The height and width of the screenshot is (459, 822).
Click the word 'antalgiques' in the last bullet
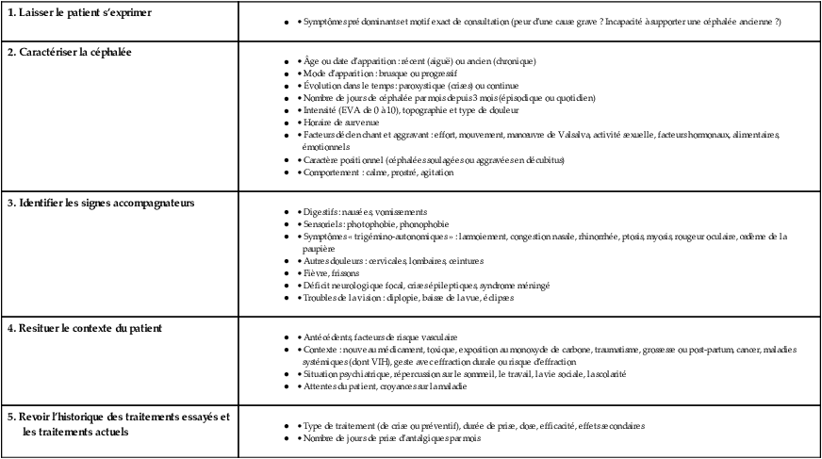tap(428, 438)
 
